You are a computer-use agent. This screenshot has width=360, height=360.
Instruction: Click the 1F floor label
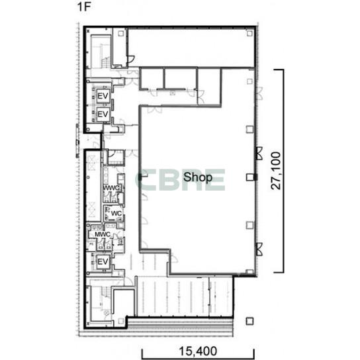pyautogui.click(x=84, y=7)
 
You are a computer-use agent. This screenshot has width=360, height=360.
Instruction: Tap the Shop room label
pyautogui.click(x=198, y=177)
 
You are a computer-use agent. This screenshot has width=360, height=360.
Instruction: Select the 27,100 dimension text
pyautogui.click(x=276, y=171)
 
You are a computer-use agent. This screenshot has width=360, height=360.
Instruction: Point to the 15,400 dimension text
pyautogui.click(x=198, y=351)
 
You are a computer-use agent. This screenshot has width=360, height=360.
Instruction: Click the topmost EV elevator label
pyautogui.click(x=103, y=96)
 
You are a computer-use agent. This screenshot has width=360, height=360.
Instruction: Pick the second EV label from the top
pyautogui.click(x=103, y=114)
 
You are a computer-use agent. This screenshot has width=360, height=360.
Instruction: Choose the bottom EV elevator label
pyautogui.click(x=103, y=261)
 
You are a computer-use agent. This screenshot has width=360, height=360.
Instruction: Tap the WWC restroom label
pyautogui.click(x=111, y=188)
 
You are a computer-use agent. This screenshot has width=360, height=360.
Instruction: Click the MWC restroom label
pyautogui.click(x=103, y=234)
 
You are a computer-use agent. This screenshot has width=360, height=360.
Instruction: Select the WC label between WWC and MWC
pyautogui.click(x=116, y=213)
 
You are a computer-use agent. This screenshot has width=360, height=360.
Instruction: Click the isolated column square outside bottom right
pyautogui.click(x=249, y=321)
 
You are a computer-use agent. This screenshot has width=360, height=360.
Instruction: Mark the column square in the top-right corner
pyautogui.click(x=249, y=34)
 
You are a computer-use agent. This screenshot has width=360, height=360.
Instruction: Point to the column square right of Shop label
pyautogui.click(x=250, y=177)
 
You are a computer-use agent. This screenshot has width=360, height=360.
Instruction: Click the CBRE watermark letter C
pyautogui.click(x=145, y=180)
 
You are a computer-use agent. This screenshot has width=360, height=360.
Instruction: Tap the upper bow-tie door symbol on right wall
pyautogui.click(x=259, y=154)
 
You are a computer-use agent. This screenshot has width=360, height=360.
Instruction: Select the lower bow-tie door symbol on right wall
pyautogui.click(x=259, y=249)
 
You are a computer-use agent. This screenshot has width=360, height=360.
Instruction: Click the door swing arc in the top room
pyautogui.click(x=131, y=60)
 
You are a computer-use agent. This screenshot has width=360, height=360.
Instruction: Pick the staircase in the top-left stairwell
pyautogui.click(x=105, y=62)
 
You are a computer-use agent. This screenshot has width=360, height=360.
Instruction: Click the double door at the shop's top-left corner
pyautogui.click(x=154, y=110)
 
